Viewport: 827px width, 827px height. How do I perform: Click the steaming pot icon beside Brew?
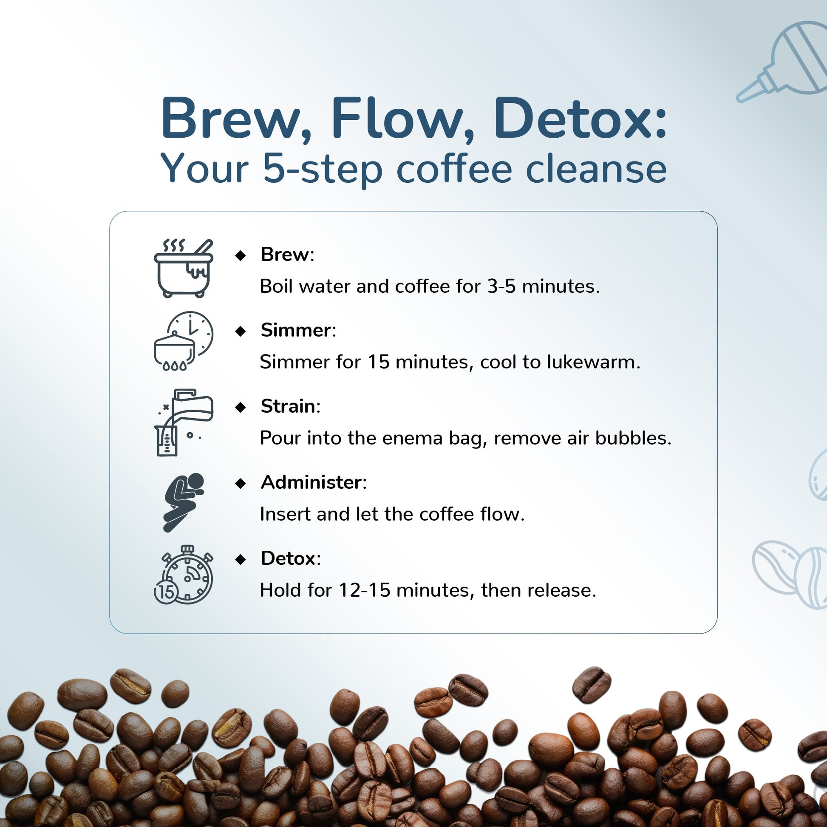183,268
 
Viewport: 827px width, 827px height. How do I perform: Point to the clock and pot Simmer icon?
183,341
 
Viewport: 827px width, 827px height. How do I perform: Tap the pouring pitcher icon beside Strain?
183,422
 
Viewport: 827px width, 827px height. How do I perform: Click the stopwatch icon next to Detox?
183,575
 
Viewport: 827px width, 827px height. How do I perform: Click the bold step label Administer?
312,482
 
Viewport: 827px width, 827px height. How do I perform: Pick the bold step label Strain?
288,406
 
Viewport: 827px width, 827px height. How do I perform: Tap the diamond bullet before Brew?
241,255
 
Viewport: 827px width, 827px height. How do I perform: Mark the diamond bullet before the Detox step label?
241,559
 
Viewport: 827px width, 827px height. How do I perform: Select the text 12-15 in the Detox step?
365,590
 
